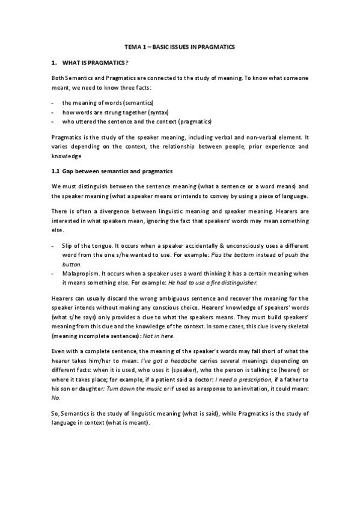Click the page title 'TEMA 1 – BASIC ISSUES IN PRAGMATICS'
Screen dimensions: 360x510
pos(180,46)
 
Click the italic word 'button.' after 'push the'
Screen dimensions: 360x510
pos(72,263)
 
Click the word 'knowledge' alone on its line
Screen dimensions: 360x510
pos(66,155)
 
